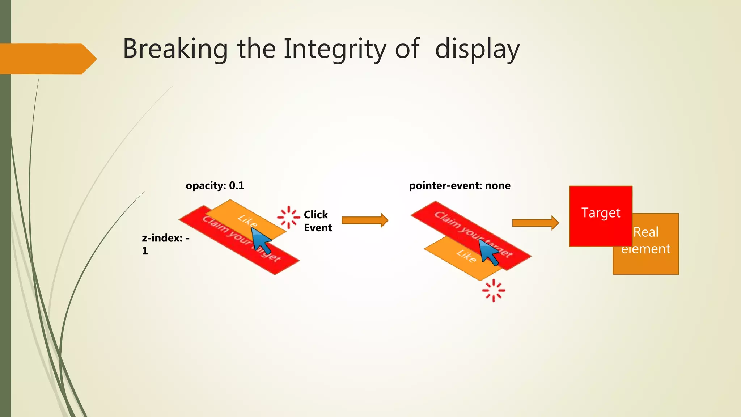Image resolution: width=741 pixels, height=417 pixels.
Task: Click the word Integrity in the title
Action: pyautogui.click(x=335, y=49)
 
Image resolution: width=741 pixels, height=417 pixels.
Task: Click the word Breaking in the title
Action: pyautogui.click(x=175, y=49)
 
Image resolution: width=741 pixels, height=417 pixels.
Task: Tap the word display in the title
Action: pyautogui.click(x=477, y=49)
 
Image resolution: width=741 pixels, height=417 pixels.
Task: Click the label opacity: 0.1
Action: pyautogui.click(x=215, y=185)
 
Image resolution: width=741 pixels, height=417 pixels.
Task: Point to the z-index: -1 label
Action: pyautogui.click(x=165, y=244)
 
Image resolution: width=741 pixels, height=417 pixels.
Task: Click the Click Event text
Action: pyautogui.click(x=317, y=221)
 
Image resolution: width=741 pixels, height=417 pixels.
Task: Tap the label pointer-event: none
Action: pyautogui.click(x=460, y=185)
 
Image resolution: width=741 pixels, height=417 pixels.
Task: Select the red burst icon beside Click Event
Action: pyautogui.click(x=288, y=217)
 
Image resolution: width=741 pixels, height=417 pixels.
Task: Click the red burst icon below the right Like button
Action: pyautogui.click(x=493, y=290)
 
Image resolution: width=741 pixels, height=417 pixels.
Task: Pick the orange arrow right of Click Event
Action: pyautogui.click(x=365, y=220)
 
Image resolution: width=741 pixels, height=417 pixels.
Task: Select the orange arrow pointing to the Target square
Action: pyautogui.click(x=535, y=223)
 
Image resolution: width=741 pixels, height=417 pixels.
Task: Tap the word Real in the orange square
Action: pyautogui.click(x=645, y=232)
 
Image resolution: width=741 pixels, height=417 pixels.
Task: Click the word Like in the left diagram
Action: pyautogui.click(x=247, y=220)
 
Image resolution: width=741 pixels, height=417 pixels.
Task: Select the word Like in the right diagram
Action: pyautogui.click(x=466, y=256)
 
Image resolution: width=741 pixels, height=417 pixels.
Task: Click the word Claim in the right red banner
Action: pyautogui.click(x=444, y=219)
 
